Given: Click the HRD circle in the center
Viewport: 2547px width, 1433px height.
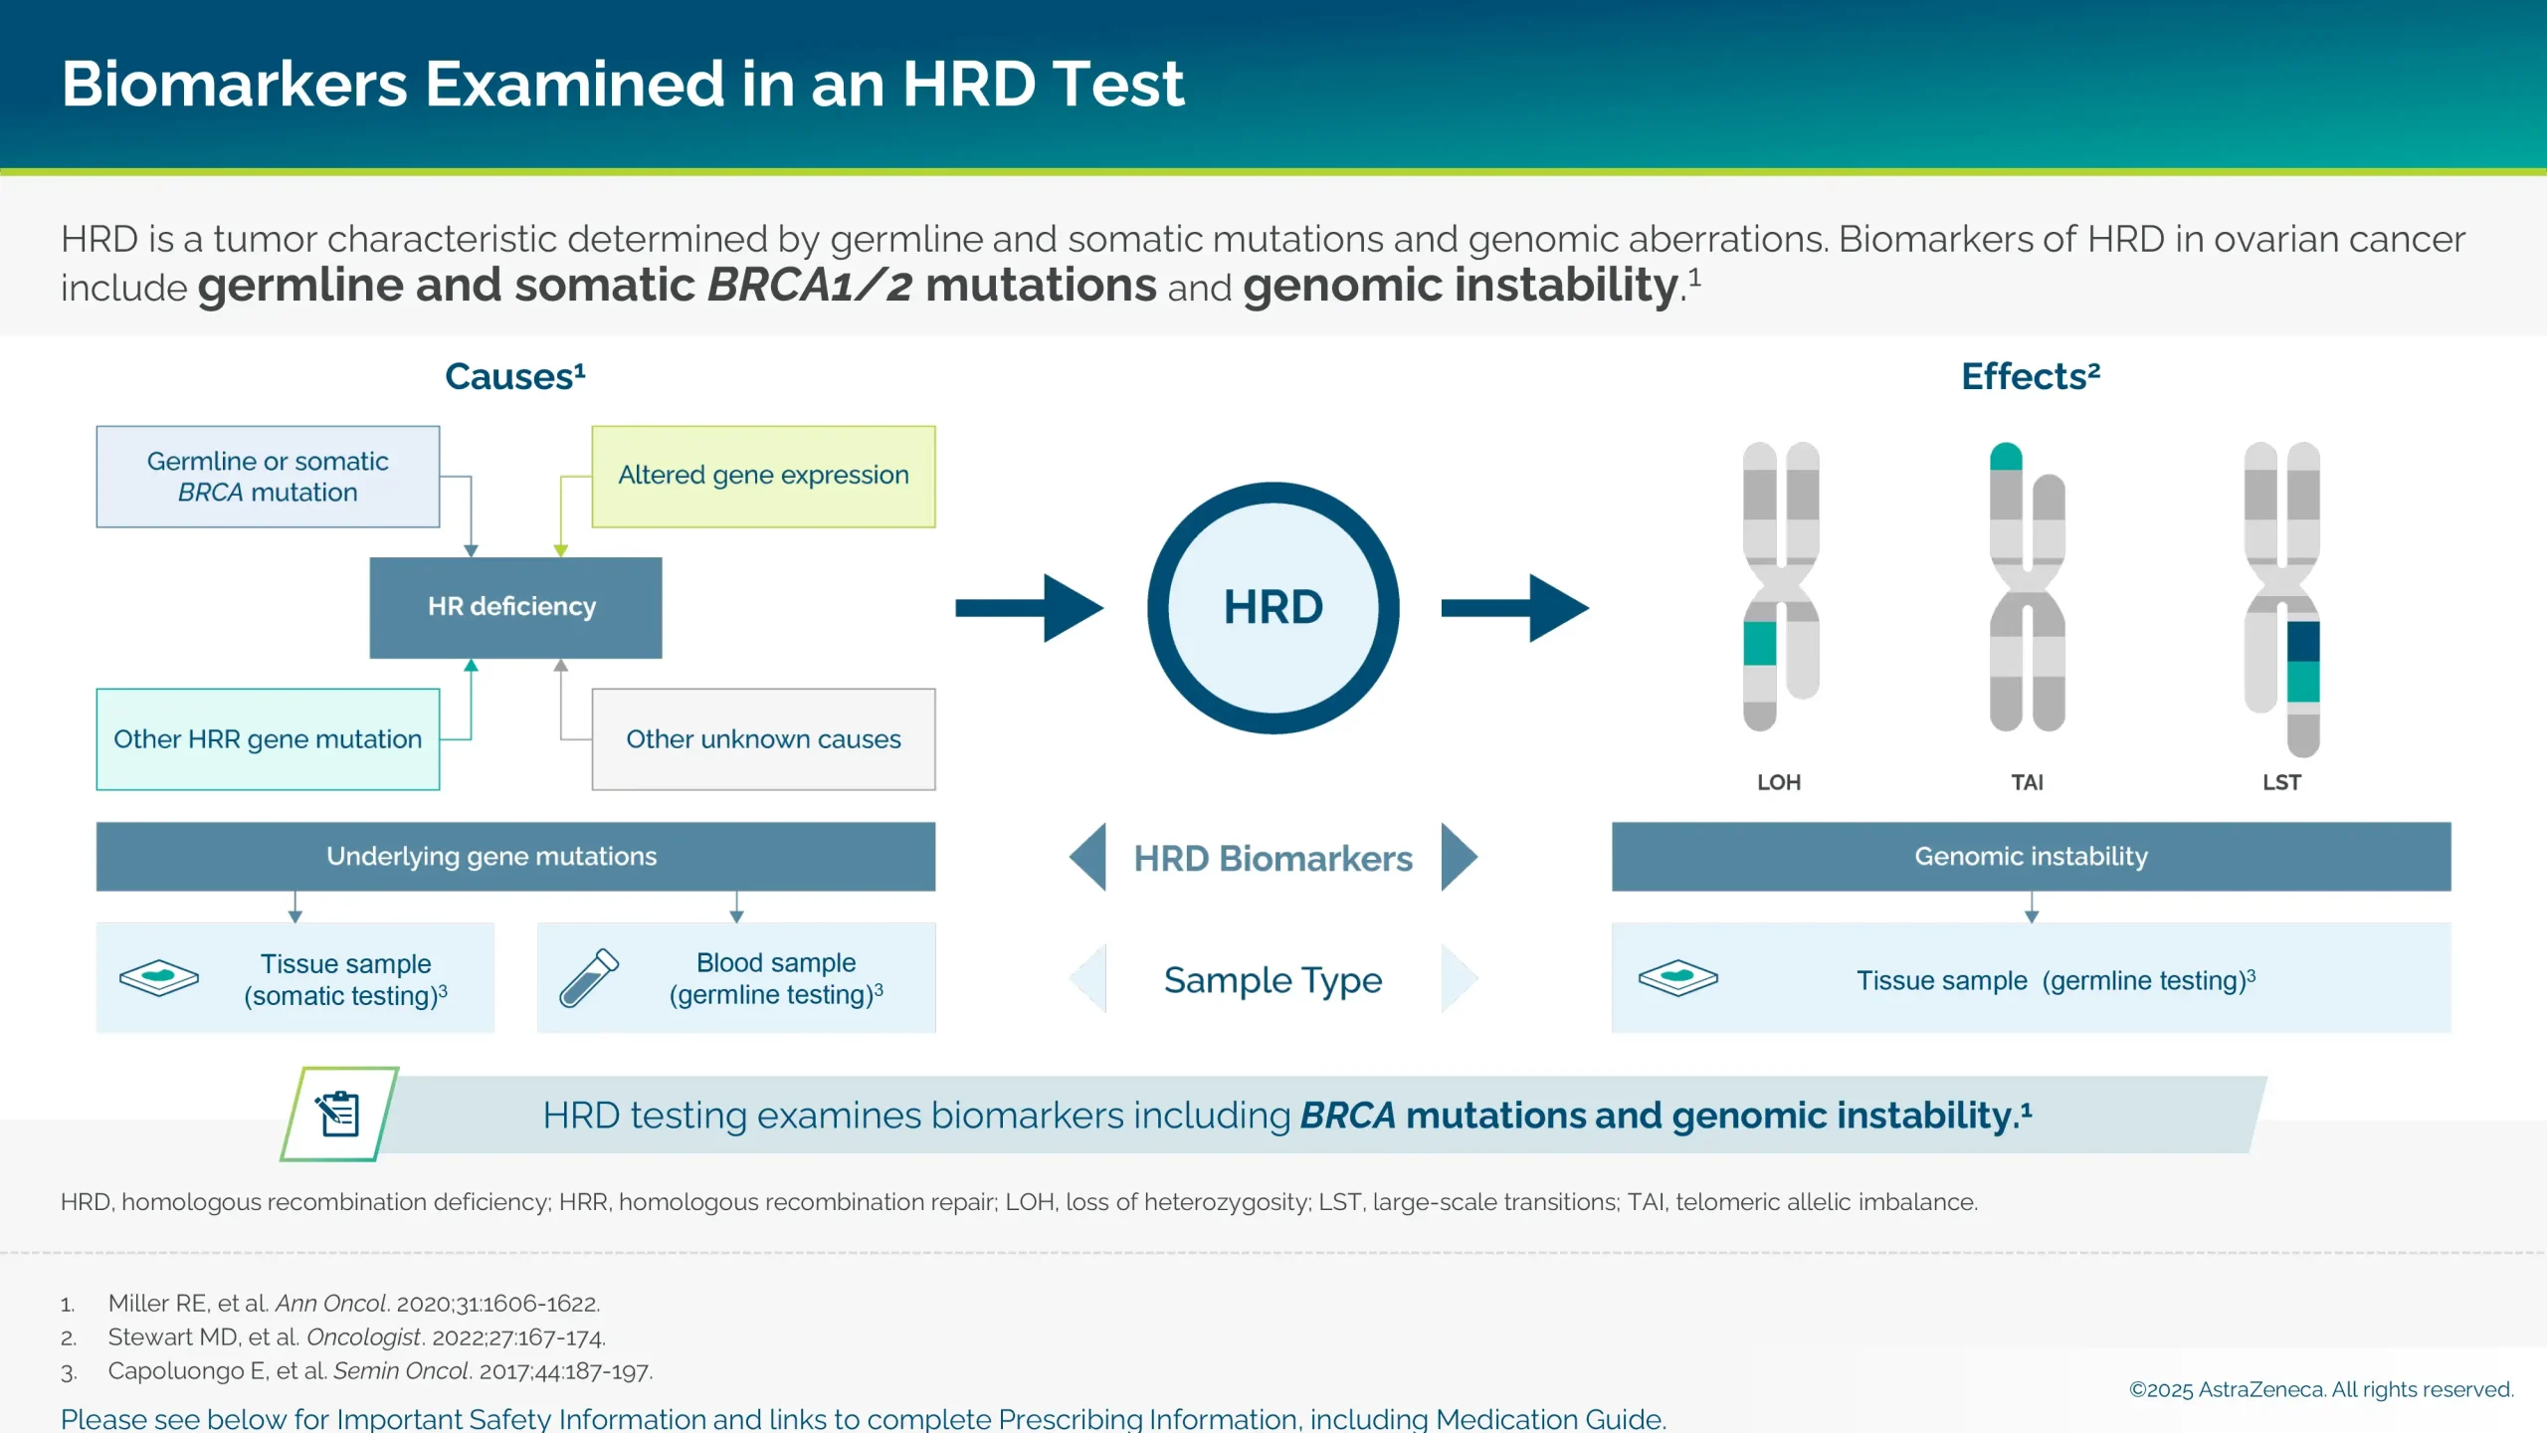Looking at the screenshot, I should pos(1273,608).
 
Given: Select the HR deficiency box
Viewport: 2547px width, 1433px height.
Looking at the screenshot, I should pos(514,607).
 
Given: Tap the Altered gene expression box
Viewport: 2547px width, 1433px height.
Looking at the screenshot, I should pos(763,476).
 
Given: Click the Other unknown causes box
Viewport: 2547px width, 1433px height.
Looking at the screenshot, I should pos(763,739).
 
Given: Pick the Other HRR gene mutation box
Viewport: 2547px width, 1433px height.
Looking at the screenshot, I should pos(268,739).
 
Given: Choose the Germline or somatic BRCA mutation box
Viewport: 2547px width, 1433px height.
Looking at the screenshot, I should pos(268,477).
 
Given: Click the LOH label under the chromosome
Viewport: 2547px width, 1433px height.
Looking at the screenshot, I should pos(1779,782).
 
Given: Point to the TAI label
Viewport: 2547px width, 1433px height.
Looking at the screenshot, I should pos(2027,782).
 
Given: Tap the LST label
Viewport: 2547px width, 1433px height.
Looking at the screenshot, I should pos(2281,782).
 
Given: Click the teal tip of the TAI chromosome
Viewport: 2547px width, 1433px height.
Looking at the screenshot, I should pos(2006,457).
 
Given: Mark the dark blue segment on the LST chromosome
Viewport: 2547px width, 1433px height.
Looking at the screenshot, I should pos(2303,642).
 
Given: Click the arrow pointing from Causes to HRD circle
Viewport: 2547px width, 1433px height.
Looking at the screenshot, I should pos(1030,608).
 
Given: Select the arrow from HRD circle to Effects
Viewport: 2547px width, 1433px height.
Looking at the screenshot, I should pos(1514,608).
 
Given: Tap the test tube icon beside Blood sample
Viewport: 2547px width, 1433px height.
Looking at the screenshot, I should pos(589,977).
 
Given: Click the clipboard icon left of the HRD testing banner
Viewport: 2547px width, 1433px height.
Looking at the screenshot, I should pos(339,1114).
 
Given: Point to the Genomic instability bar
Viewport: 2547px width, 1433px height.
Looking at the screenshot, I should pos(2031,857).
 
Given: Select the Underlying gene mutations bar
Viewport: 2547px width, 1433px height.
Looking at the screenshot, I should pos(514,857).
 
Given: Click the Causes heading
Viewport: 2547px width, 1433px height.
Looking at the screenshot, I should pos(514,376).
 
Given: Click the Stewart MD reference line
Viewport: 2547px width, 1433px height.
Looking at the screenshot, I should pos(356,1337).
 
